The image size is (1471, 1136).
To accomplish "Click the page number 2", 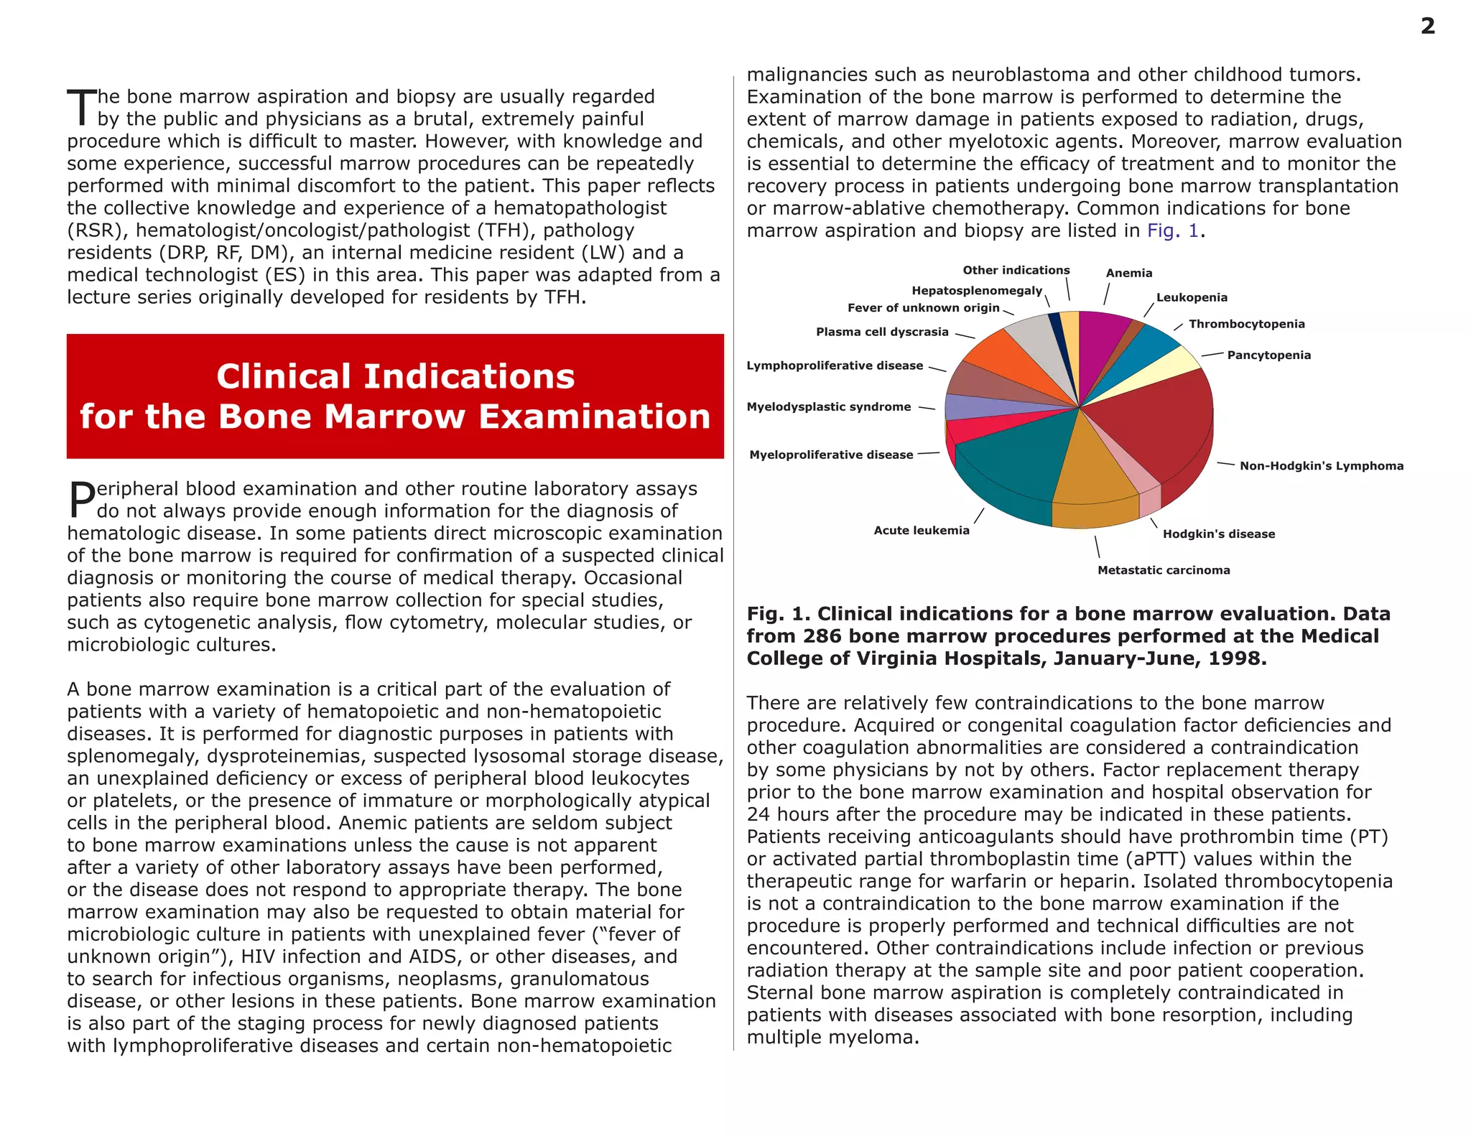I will (1427, 27).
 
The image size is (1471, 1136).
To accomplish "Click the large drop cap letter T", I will (82, 108).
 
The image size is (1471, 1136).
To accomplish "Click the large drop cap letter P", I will (81, 500).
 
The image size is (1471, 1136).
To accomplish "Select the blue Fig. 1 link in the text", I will (1172, 231).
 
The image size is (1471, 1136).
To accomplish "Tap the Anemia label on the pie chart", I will (1128, 273).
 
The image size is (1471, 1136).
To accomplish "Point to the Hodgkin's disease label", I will (1218, 534).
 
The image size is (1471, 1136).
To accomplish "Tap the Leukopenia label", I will (1191, 297).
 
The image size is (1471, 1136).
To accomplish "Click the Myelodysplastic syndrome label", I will (828, 406).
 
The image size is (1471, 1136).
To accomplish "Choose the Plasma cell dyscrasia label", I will (881, 332).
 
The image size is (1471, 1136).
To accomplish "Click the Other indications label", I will (1016, 270).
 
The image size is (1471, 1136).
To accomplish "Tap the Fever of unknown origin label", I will (923, 307).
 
